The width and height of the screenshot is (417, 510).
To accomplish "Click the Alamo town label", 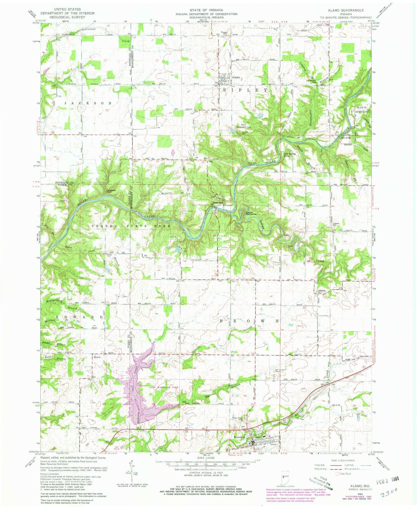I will [236, 78].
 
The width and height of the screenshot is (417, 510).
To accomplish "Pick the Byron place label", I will [97, 357].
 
